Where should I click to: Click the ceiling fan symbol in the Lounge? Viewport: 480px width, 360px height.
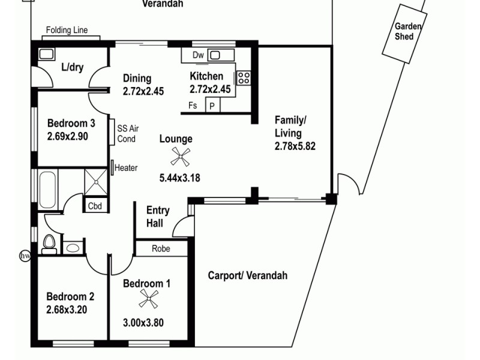click(179, 157)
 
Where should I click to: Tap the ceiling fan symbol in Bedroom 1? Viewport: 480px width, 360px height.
click(148, 298)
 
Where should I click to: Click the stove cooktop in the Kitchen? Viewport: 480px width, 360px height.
click(244, 77)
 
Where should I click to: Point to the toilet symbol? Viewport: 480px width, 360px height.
click(50, 244)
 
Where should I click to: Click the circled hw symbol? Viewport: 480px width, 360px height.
click(25, 256)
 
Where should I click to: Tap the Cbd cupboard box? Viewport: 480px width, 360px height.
click(95, 206)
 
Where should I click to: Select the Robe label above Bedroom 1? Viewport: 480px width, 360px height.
click(160, 248)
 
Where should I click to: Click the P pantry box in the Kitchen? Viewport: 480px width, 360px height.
click(212, 106)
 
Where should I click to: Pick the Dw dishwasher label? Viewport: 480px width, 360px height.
click(199, 55)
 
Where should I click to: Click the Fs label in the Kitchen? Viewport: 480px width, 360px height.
click(193, 106)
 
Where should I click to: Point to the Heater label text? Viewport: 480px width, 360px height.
click(126, 168)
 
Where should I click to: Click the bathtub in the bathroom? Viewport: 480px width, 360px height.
click(48, 188)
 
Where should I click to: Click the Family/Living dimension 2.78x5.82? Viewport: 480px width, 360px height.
click(295, 146)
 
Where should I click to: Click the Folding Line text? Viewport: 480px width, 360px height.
click(67, 31)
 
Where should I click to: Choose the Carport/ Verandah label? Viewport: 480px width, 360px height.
click(247, 275)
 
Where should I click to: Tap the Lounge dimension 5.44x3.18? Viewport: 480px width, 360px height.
click(179, 178)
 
